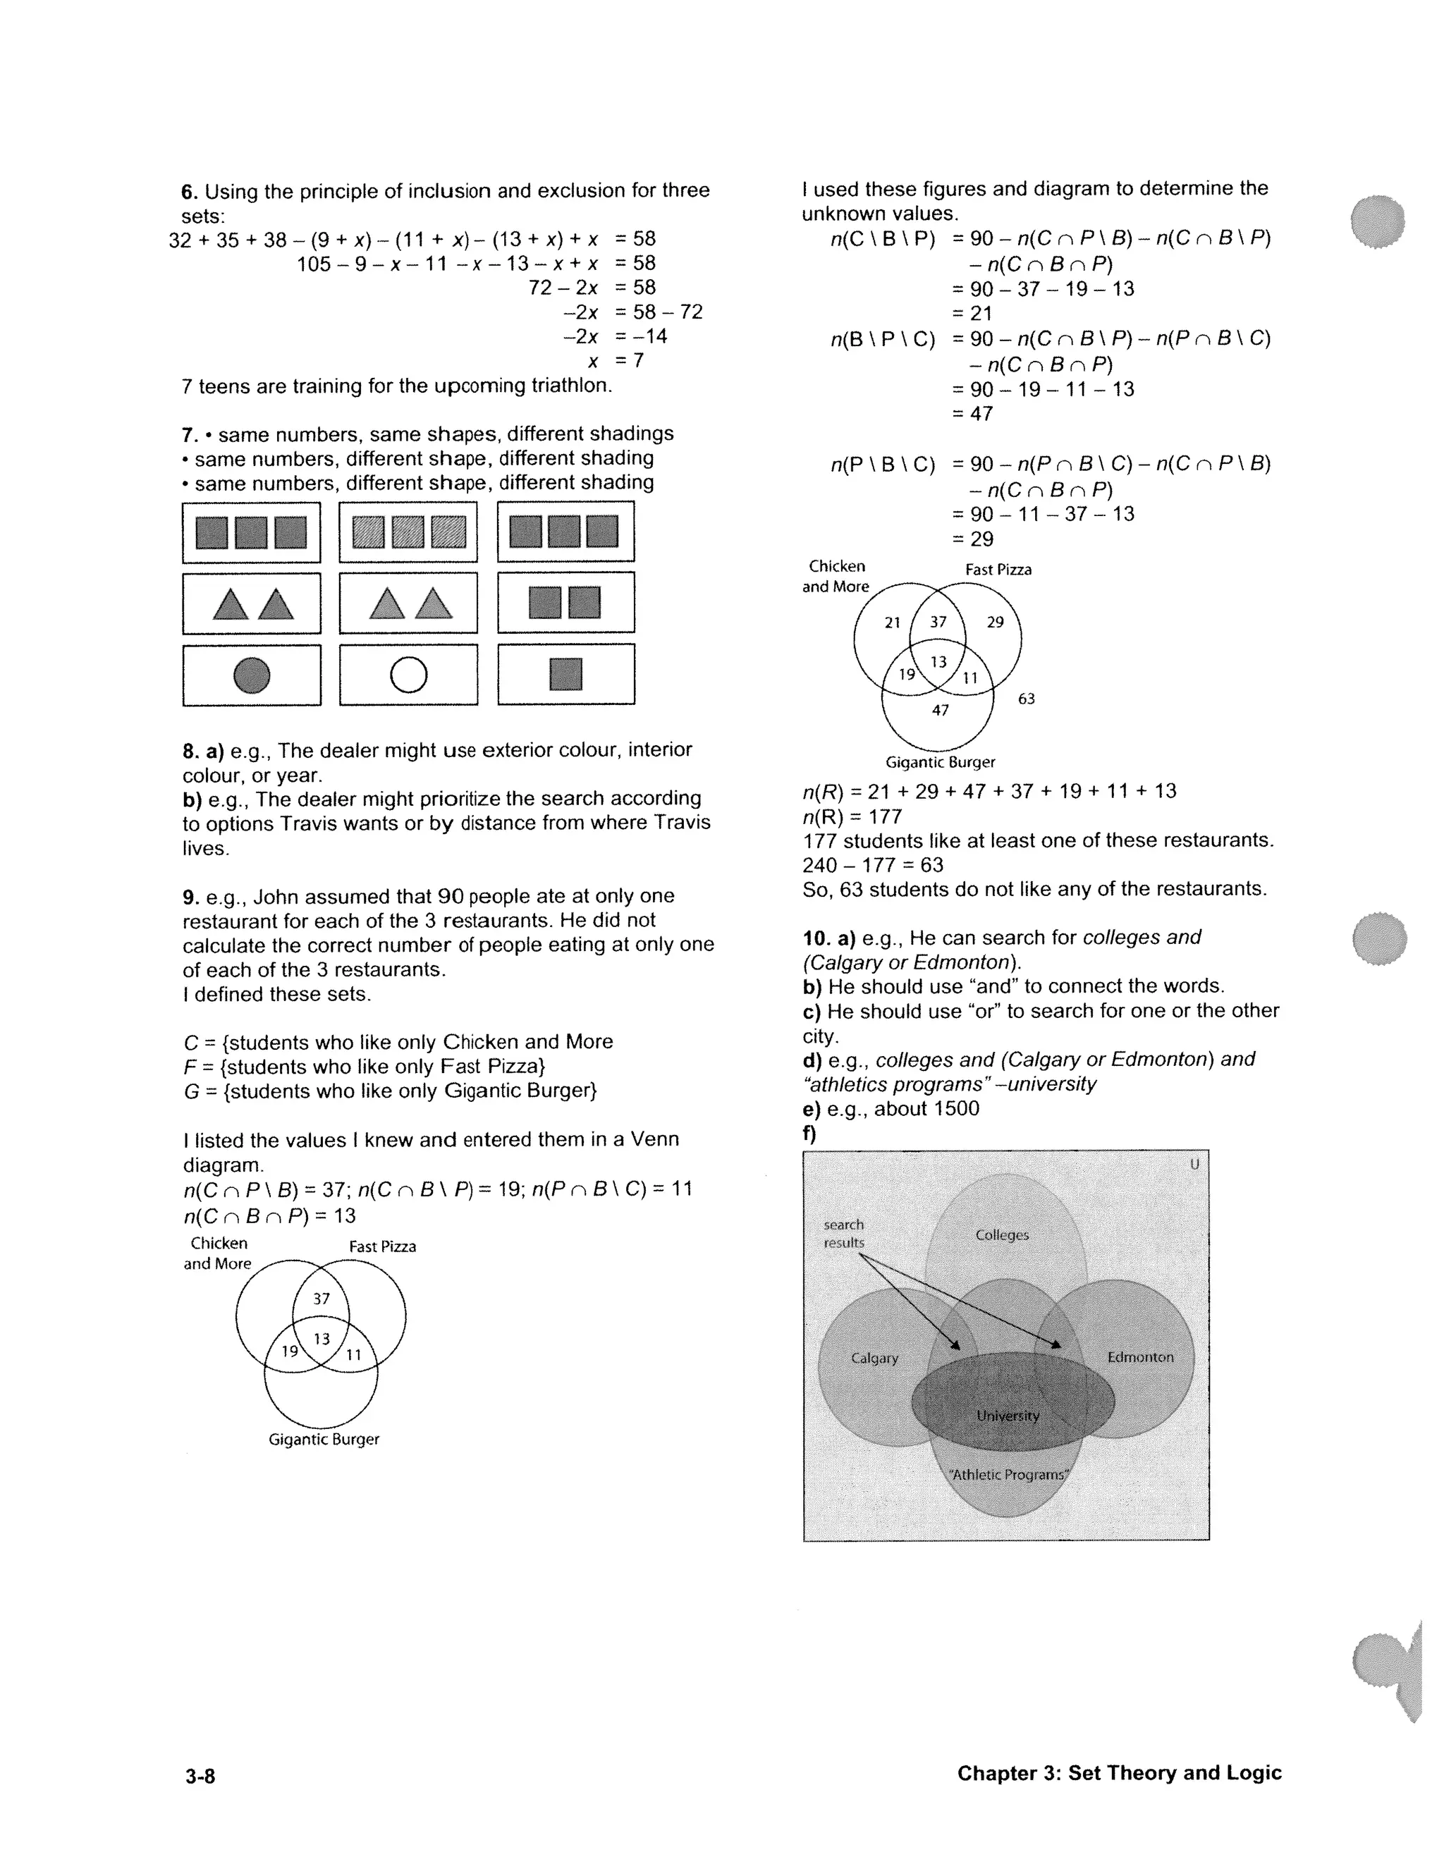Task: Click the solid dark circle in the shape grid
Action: point(252,675)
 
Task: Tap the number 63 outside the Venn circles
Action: point(1026,699)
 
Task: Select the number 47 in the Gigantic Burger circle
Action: point(940,710)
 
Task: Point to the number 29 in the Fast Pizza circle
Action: point(995,623)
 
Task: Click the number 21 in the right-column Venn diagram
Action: point(893,623)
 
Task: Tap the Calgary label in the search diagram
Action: point(875,1358)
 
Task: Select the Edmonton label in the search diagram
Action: point(1140,1357)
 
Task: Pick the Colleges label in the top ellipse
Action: point(1002,1235)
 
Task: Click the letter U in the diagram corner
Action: point(1194,1164)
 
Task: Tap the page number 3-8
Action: point(200,1776)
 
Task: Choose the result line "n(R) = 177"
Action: point(852,816)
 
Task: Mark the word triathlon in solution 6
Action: point(570,386)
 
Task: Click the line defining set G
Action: point(390,1091)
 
